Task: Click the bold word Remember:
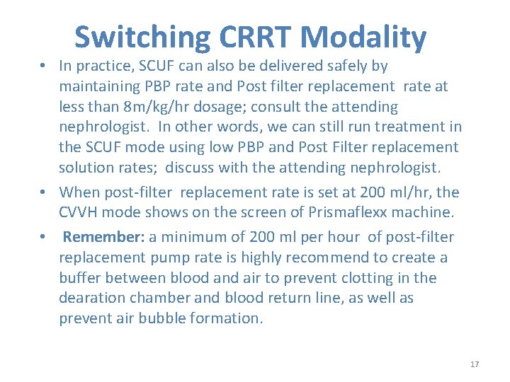pyautogui.click(x=103, y=237)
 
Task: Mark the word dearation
pyautogui.click(x=91, y=299)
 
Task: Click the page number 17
pyautogui.click(x=475, y=364)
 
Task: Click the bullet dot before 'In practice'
pyautogui.click(x=44, y=66)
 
